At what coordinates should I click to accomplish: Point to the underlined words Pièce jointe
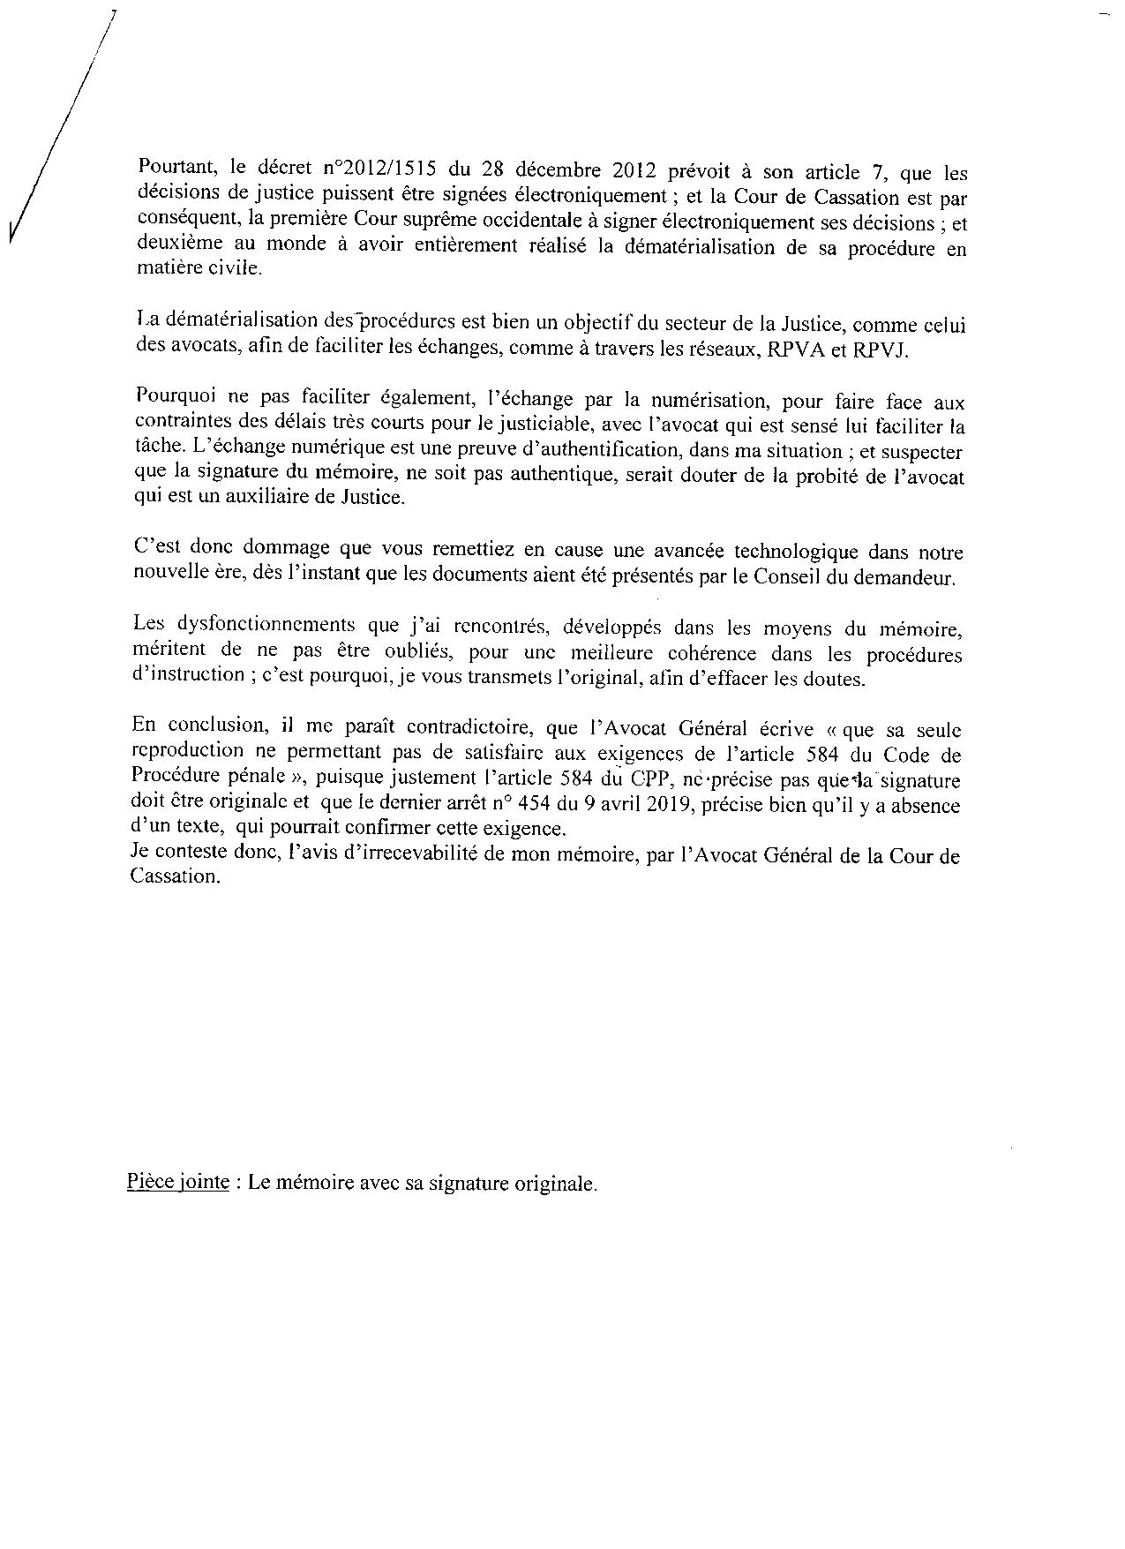tap(178, 1183)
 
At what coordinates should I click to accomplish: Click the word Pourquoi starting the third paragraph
tap(172, 402)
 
